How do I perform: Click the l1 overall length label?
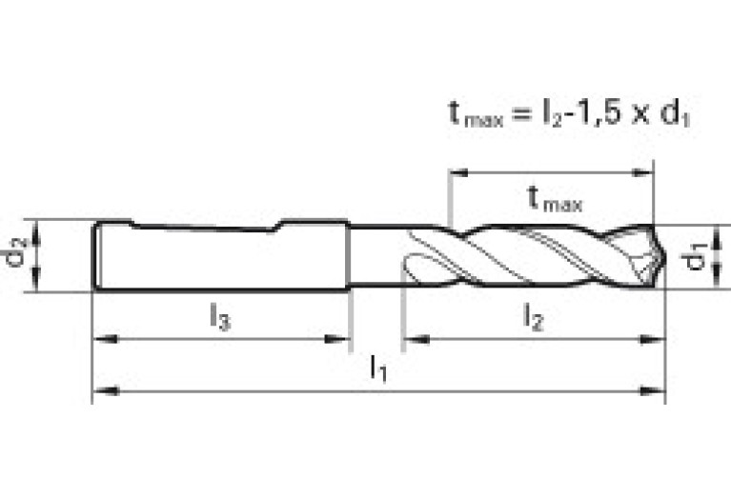click(379, 368)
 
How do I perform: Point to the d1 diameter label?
click(699, 255)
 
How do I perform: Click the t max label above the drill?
click(554, 199)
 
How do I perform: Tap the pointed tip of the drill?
click(663, 254)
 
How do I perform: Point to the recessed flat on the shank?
click(206, 229)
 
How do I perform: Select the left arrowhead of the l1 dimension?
click(100, 390)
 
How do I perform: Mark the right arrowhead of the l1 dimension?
click(658, 390)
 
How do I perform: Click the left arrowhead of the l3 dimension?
click(100, 338)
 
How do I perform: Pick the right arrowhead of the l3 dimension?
click(343, 338)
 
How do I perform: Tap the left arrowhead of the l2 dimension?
click(411, 338)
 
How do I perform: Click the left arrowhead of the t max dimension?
click(457, 173)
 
